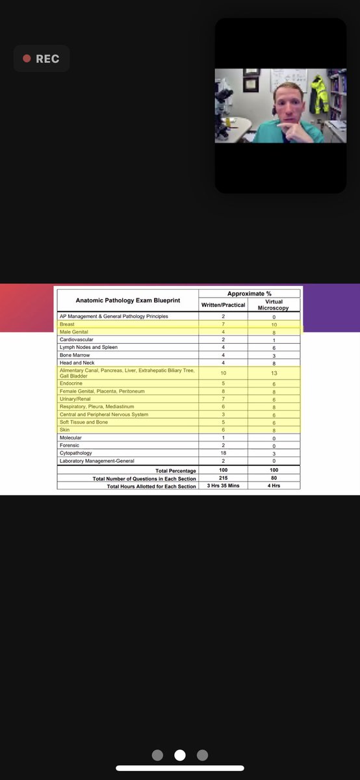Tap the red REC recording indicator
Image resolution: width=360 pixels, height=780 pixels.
click(41, 58)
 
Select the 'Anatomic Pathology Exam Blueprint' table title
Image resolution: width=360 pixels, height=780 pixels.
click(127, 300)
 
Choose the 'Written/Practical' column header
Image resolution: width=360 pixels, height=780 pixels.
click(223, 304)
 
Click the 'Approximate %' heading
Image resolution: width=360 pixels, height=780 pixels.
click(250, 294)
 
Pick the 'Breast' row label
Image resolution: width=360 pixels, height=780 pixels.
click(67, 324)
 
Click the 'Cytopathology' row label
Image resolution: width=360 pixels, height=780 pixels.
click(76, 453)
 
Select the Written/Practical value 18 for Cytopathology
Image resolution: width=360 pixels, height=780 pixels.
click(223, 453)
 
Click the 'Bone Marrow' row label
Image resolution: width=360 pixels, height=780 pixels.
click(75, 355)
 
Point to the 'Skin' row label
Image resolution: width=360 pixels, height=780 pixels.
click(64, 430)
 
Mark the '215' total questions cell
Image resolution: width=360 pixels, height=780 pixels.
click(223, 478)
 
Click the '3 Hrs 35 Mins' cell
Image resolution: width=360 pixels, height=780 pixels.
click(223, 486)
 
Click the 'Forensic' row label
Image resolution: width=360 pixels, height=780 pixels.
click(70, 445)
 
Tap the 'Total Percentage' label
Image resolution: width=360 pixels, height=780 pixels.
click(175, 470)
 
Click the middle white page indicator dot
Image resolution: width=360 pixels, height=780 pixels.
click(180, 755)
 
